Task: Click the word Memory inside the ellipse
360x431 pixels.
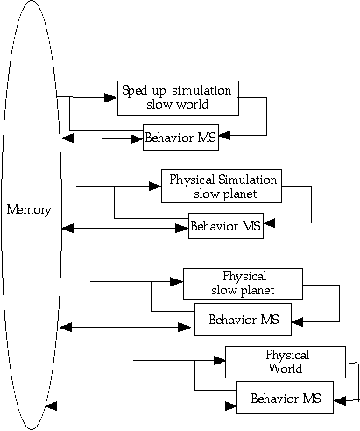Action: [x=29, y=210]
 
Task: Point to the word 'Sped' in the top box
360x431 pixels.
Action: [x=134, y=90]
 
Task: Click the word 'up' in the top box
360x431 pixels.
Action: [x=159, y=92]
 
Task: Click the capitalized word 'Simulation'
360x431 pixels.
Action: [x=248, y=180]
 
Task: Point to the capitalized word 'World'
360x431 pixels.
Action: [x=286, y=369]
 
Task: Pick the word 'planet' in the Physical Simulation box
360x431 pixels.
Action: [x=241, y=194]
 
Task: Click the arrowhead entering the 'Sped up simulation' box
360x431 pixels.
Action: [x=110, y=97]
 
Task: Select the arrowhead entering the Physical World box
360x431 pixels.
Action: [x=219, y=361]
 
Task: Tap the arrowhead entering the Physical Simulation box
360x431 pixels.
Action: [x=155, y=186]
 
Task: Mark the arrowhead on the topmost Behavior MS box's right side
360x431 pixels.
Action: [x=224, y=135]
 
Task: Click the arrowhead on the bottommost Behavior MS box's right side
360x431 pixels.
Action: [x=340, y=400]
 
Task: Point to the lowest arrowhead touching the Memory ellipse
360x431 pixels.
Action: [x=51, y=406]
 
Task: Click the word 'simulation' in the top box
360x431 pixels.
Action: [x=201, y=91]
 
